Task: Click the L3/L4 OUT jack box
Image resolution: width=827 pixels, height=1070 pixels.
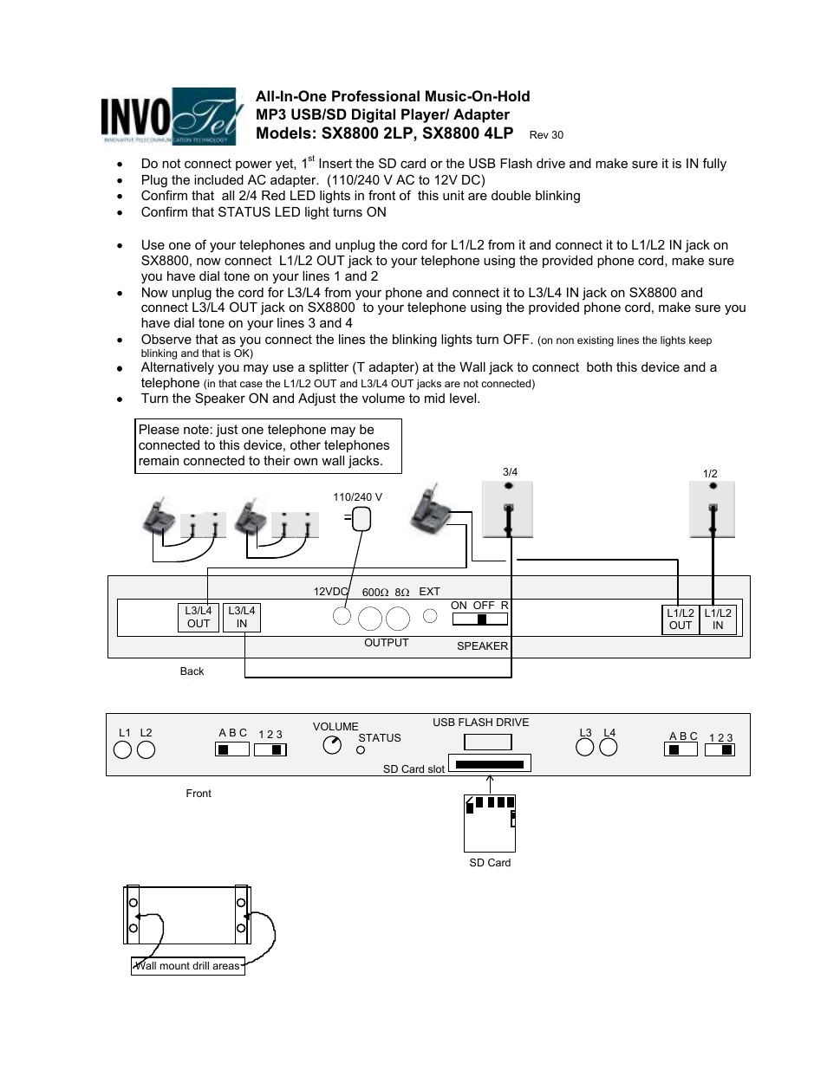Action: [x=199, y=618]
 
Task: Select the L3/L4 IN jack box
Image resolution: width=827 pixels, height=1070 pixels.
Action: [x=241, y=618]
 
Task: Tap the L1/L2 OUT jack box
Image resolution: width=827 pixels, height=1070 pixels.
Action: [x=680, y=619]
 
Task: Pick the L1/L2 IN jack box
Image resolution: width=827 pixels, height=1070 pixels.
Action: [x=718, y=619]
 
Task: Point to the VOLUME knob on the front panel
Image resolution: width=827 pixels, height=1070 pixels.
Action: [x=332, y=745]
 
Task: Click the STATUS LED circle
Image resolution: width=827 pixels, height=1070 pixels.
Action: [x=361, y=750]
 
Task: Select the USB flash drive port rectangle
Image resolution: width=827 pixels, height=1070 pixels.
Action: [x=488, y=742]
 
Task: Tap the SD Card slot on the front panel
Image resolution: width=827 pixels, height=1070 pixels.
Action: [x=489, y=764]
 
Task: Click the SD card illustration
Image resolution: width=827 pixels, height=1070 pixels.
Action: [x=490, y=823]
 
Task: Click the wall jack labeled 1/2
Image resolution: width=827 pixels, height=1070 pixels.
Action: [x=712, y=509]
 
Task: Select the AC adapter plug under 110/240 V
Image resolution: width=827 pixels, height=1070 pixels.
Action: [x=361, y=519]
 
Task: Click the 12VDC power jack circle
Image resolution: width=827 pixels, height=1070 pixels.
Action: [x=342, y=617]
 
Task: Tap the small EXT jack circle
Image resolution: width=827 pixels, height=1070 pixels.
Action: [x=430, y=617]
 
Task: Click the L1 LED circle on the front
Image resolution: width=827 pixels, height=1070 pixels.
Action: [x=123, y=749]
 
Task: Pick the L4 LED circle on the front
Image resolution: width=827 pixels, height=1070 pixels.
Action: [x=609, y=747]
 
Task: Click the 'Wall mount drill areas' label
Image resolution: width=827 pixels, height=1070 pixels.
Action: [x=187, y=966]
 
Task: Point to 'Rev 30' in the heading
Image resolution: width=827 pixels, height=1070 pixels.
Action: [x=546, y=135]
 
